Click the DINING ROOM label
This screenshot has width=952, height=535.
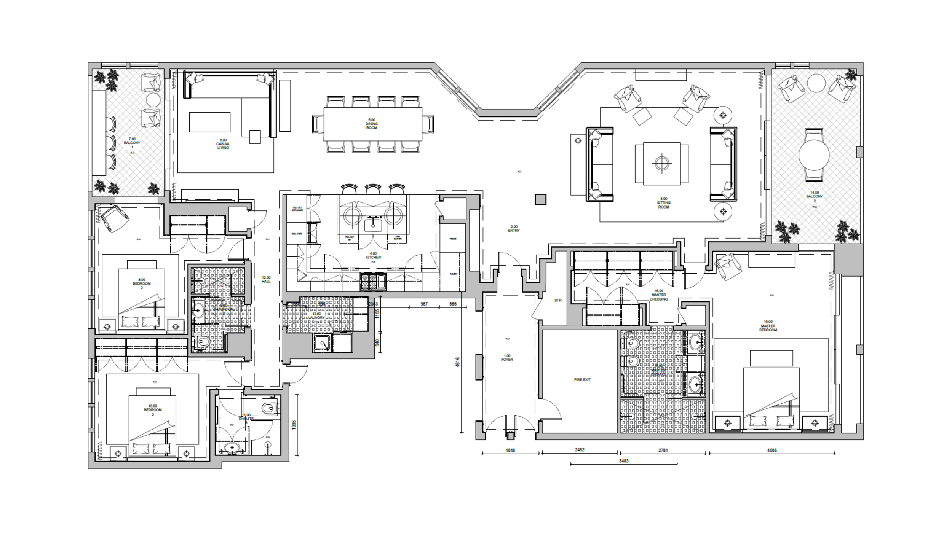tap(371, 124)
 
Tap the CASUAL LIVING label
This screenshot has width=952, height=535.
tap(223, 144)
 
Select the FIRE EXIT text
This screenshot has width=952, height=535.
tap(582, 380)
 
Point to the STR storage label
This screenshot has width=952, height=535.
tap(558, 301)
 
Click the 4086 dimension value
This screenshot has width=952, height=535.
tap(772, 450)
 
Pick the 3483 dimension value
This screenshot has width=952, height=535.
tap(624, 461)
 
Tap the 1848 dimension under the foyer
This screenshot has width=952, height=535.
tap(510, 450)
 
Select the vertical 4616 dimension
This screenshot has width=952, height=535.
tap(458, 362)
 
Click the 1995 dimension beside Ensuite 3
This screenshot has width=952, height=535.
tap(293, 425)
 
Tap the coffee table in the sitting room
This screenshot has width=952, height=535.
tap(662, 164)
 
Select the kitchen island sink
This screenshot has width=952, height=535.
tap(373, 225)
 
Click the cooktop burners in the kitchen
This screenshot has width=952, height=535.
tap(368, 282)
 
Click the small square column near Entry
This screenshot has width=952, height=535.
tap(540, 199)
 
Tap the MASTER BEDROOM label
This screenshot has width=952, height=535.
tap(768, 326)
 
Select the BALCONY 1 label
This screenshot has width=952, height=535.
tap(132, 143)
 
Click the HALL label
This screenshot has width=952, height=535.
tap(266, 280)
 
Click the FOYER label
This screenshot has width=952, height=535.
tap(507, 358)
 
